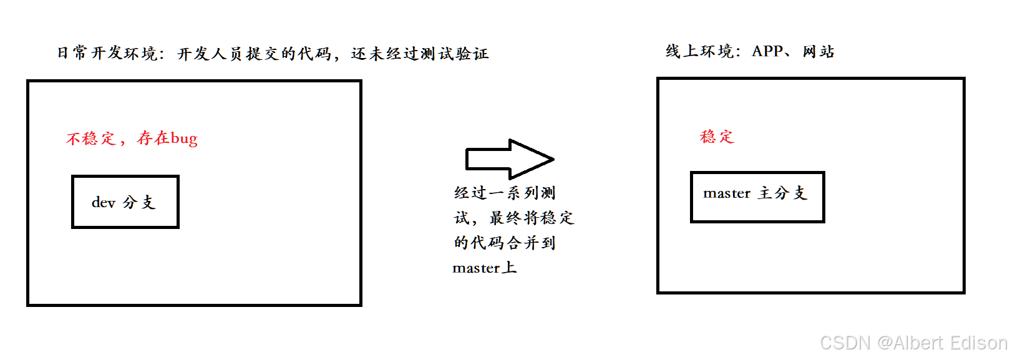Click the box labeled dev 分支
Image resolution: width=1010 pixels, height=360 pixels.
125,202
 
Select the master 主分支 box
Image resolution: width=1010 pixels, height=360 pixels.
757,197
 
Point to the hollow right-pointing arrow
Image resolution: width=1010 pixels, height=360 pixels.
509,159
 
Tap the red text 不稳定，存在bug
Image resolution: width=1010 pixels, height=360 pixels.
132,139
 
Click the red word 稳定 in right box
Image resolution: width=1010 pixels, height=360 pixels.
717,137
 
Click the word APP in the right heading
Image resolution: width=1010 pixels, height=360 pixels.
767,51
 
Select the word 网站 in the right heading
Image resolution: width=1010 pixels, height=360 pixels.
818,51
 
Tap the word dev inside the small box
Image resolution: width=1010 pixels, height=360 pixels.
104,202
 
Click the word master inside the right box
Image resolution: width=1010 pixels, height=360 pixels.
727,193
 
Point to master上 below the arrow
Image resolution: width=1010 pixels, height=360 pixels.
484,268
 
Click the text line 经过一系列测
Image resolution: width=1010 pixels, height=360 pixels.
505,193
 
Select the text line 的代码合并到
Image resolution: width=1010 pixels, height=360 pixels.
505,243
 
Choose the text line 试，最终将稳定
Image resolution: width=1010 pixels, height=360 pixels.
513,218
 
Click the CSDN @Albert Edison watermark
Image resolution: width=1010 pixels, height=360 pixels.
913,343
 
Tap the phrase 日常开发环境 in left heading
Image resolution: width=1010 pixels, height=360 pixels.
107,54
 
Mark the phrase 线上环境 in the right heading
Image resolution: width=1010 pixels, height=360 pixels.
699,51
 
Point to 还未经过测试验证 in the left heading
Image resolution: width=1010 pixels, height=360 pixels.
420,54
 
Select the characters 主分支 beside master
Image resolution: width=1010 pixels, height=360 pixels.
783,193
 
